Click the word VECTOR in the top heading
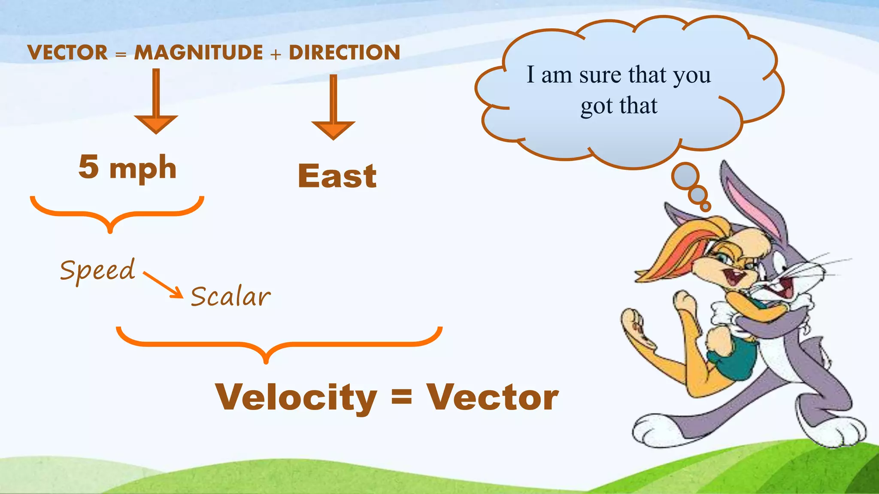(x=67, y=53)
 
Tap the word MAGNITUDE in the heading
(x=198, y=53)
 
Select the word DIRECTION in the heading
(x=344, y=53)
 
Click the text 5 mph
(x=127, y=168)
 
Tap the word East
(x=337, y=176)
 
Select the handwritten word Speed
(x=97, y=271)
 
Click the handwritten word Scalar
(x=230, y=297)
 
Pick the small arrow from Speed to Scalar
(x=164, y=285)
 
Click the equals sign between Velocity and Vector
(x=402, y=397)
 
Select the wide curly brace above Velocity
(x=279, y=343)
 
